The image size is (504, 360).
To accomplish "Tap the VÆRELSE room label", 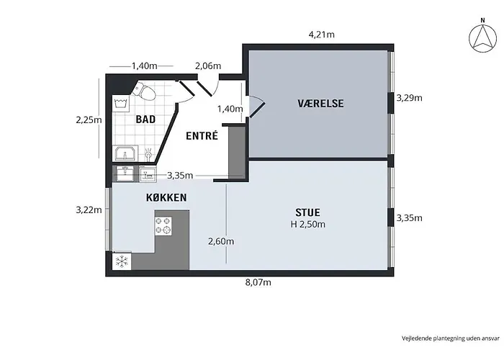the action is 320,104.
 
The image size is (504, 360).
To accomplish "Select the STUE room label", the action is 307,212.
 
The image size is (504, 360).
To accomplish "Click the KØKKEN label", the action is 166,197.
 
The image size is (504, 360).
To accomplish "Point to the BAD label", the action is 145,120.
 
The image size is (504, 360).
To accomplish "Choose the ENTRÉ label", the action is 202,135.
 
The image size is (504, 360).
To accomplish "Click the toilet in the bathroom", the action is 144,90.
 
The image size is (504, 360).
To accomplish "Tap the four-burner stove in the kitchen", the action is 163,225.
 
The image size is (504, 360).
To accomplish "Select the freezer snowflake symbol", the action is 122,261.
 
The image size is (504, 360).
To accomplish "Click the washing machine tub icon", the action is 121,104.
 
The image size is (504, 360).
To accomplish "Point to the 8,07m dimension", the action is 258,282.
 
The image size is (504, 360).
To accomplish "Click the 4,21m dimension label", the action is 321,34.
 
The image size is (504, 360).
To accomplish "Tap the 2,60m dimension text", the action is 221,241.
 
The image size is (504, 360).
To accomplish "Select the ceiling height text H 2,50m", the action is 308,224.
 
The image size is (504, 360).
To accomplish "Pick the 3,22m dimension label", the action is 89,210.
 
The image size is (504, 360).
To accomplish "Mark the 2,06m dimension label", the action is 208,66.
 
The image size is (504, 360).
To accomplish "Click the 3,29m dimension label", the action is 409,98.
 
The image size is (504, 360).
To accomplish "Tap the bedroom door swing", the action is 256,106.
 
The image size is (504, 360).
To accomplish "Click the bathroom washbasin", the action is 125,153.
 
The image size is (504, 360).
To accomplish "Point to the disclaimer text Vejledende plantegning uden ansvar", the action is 451,338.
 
